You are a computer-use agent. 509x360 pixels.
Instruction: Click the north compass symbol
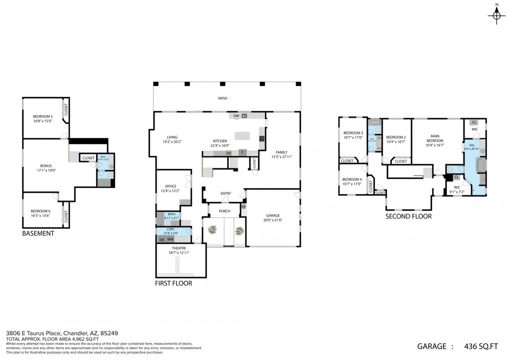coord(497,15)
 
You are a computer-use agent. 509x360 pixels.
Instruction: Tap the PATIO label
coord(222,98)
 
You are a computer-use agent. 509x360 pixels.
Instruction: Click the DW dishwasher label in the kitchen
coord(236,116)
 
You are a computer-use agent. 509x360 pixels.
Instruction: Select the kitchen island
coord(242,135)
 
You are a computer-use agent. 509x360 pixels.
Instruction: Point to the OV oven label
coord(228,153)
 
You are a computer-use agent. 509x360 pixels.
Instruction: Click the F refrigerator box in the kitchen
coord(242,153)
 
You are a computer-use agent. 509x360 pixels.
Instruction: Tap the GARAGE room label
coord(273,215)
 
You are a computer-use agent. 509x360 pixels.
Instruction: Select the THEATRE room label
coord(179,248)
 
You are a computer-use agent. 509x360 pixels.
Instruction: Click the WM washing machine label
coord(170,239)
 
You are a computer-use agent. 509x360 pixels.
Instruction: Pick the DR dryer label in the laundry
coord(162,239)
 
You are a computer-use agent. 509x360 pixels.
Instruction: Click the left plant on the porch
coord(213,230)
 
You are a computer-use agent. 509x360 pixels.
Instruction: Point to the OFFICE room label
coord(170,186)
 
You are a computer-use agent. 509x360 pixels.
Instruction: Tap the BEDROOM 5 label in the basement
coord(43,116)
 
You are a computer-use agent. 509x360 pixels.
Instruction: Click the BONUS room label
coord(46,166)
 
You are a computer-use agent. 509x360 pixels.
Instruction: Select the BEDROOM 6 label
coord(40,211)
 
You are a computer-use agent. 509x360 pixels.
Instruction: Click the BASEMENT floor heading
coord(38,233)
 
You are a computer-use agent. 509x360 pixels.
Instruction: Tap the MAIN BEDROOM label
coord(435,138)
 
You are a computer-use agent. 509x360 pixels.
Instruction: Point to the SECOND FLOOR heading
coord(408,216)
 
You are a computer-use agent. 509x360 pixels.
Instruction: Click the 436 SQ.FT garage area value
coord(481,346)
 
